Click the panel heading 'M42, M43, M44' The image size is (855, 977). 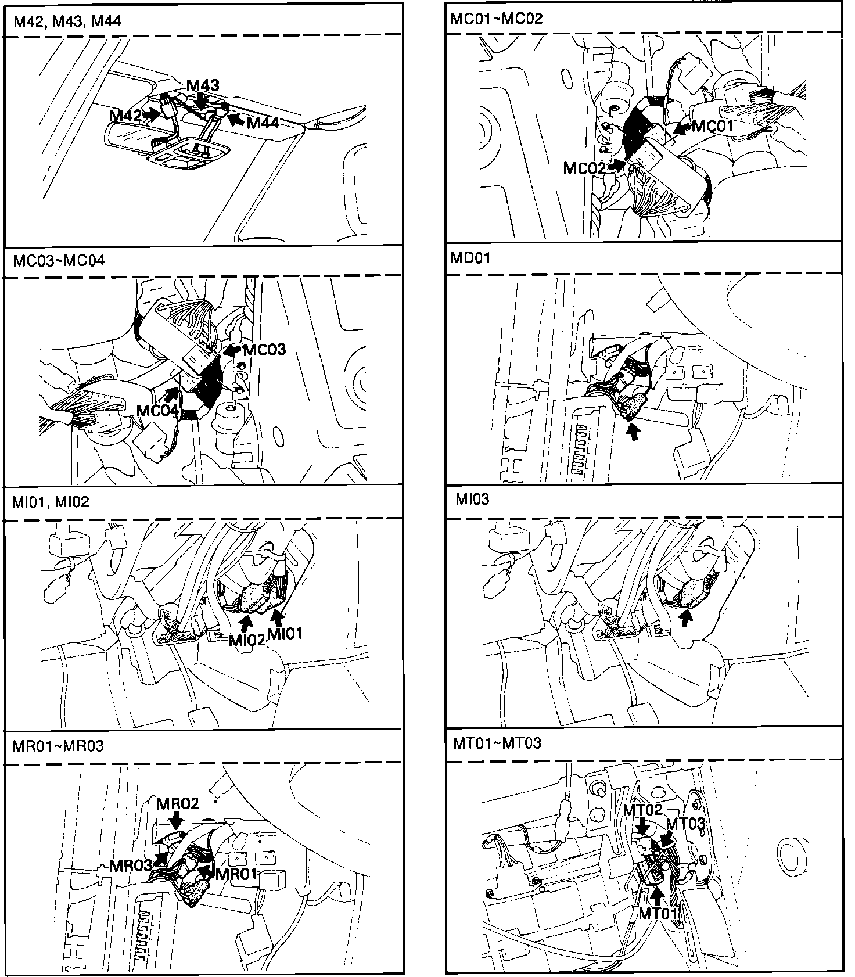pyautogui.click(x=67, y=21)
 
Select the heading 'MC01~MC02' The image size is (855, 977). pyautogui.click(x=497, y=19)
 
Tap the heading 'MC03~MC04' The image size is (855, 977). pyautogui.click(x=59, y=260)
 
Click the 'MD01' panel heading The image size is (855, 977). pyautogui.click(x=470, y=258)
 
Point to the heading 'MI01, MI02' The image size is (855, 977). pyautogui.click(x=51, y=502)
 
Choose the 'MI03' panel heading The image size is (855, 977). pyautogui.click(x=472, y=499)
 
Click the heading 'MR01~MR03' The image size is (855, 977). pyautogui.click(x=58, y=746)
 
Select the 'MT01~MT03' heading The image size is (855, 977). pyautogui.click(x=497, y=743)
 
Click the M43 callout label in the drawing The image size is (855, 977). pyautogui.click(x=203, y=85)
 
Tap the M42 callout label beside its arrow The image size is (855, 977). pyautogui.click(x=125, y=116)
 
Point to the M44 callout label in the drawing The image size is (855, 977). pyautogui.click(x=263, y=123)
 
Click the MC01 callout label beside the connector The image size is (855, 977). pyautogui.click(x=713, y=126)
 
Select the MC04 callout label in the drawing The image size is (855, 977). pyautogui.click(x=157, y=411)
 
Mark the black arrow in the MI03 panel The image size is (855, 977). pyautogui.click(x=687, y=620)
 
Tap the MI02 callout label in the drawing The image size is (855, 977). pyautogui.click(x=247, y=640)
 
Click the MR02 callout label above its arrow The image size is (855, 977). pyautogui.click(x=178, y=803)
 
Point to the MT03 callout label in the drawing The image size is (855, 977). pyautogui.click(x=685, y=824)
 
